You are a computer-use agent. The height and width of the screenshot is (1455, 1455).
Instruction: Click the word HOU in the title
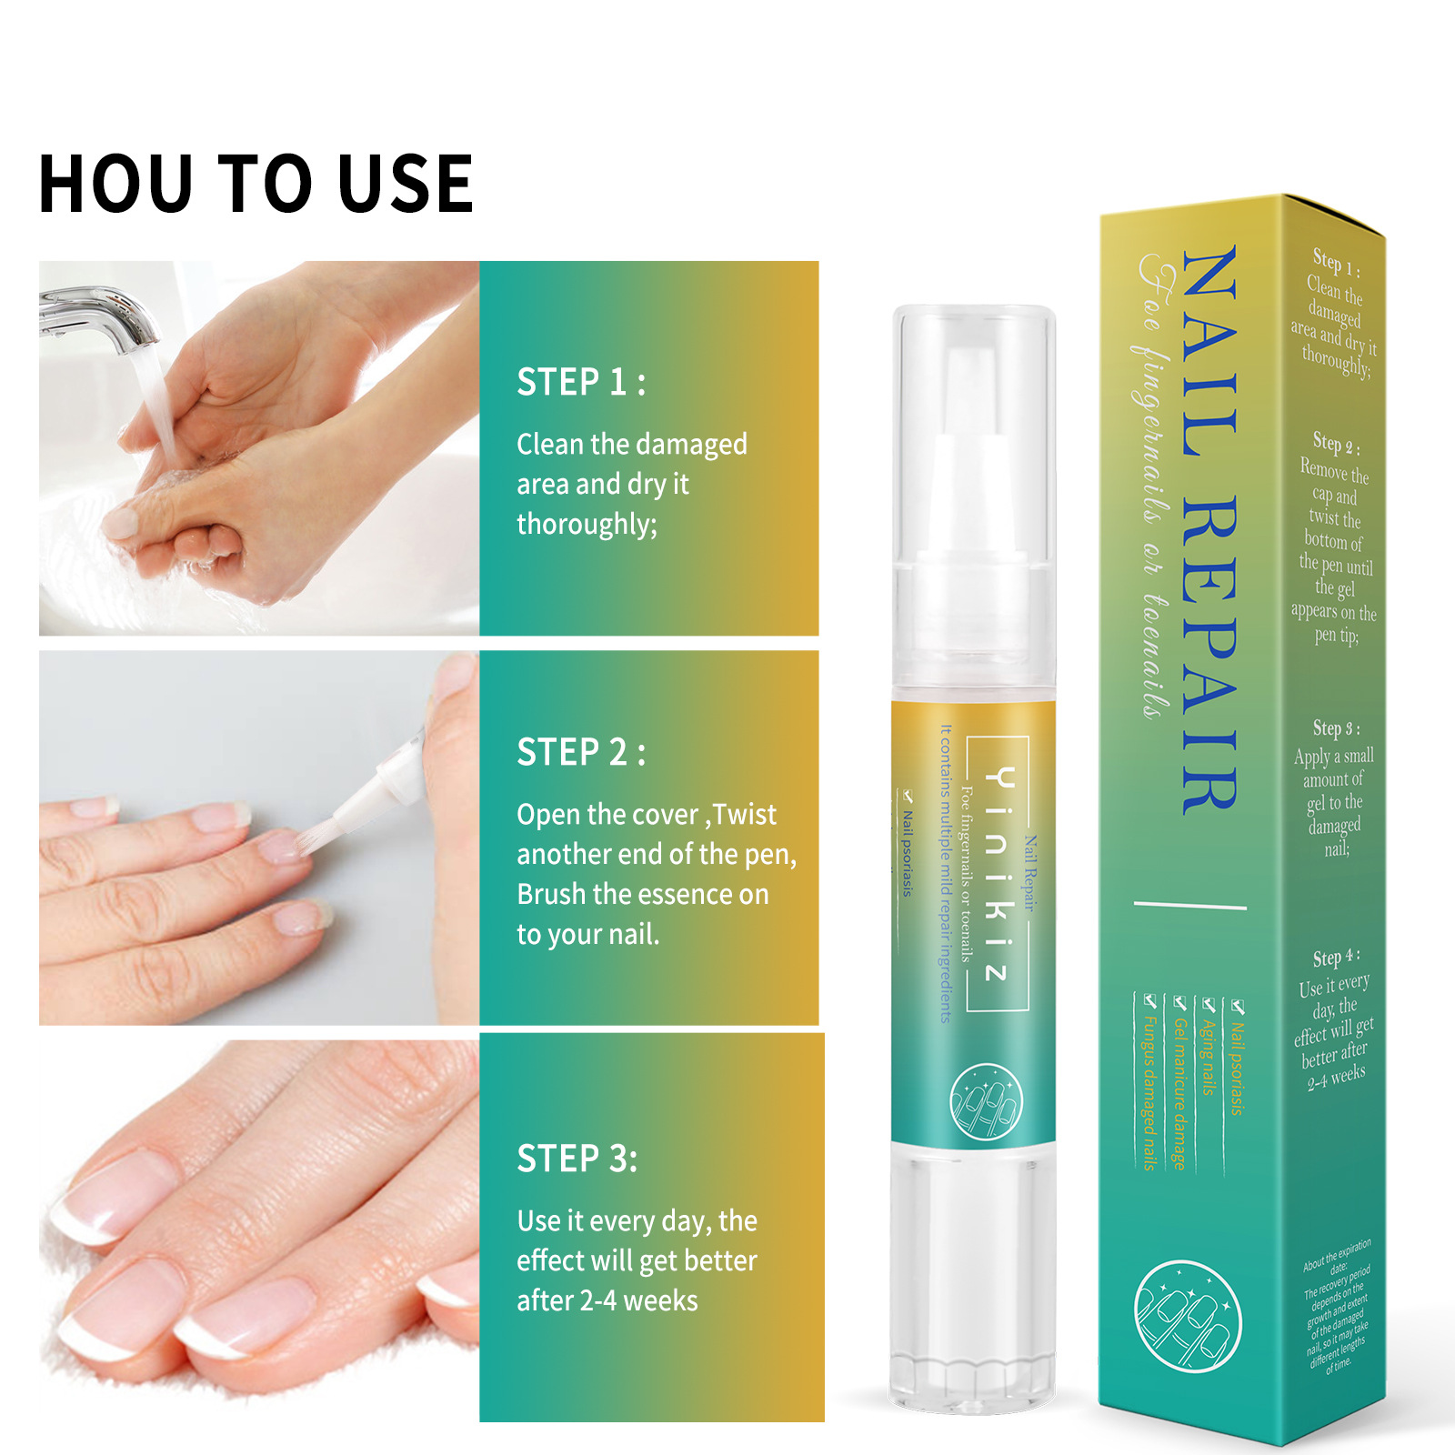pos(116,185)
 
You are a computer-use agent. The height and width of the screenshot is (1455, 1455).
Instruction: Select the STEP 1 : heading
pos(581,382)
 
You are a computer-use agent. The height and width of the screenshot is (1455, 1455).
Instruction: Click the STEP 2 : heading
pos(581,753)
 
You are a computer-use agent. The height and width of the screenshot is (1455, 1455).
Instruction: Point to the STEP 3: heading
pos(577,1159)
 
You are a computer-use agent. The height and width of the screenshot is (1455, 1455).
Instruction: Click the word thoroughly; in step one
pos(587,525)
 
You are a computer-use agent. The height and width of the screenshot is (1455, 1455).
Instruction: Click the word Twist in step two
pos(745,815)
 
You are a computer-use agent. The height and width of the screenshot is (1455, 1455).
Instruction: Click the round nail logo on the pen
pos(986,1101)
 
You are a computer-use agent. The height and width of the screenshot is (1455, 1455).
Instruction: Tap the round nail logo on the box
pos(1187,1315)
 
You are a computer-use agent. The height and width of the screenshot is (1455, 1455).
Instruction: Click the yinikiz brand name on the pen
pos(998,873)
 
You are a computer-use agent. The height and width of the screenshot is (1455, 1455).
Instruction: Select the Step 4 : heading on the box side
pos(1336,958)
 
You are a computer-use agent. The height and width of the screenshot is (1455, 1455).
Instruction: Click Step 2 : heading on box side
pos(1336,444)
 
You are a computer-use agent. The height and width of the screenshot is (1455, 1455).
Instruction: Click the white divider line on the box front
pos(1189,905)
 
